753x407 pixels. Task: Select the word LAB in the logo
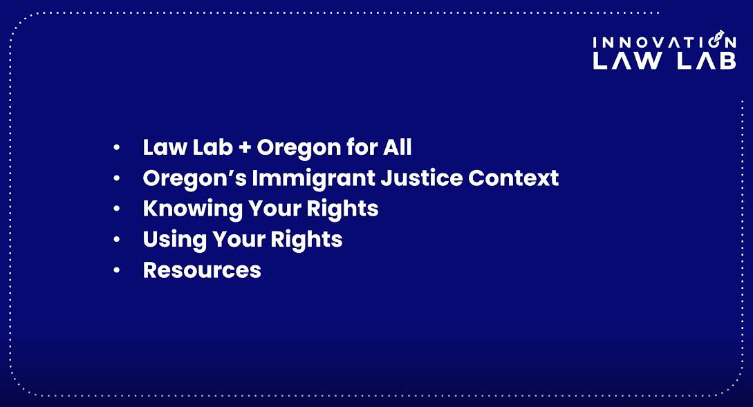[706, 61]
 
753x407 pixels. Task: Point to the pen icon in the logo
[720, 36]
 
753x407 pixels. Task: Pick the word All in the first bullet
[399, 148]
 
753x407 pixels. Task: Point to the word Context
[514, 178]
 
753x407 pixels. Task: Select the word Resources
[202, 269]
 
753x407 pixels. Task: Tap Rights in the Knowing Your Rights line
[343, 209]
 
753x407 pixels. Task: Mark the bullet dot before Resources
[117, 269]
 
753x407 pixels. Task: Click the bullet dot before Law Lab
[117, 148]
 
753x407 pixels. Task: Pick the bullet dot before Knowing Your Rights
[117, 209]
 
